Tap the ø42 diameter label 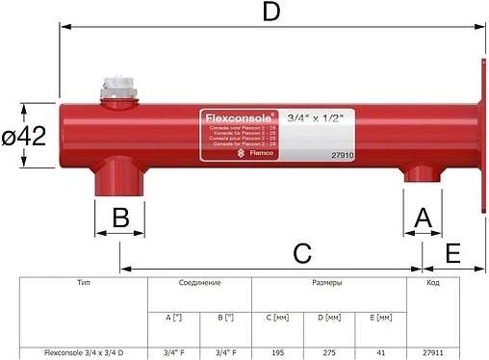point(25,138)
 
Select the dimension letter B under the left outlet point(119,217)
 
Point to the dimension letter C point(302,253)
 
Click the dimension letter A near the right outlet point(422,218)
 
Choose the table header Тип point(83,284)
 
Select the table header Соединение point(199,284)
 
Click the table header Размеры point(329,284)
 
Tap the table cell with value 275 point(329,352)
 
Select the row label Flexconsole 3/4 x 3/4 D point(84,352)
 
